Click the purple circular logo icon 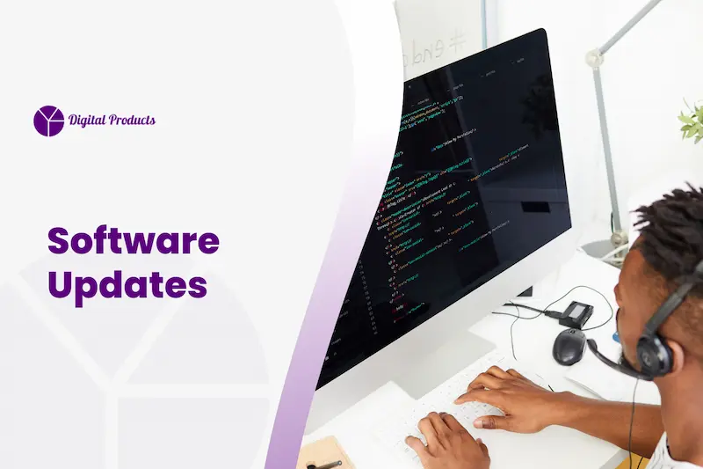point(48,121)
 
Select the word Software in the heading point(133,241)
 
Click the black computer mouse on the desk point(569,346)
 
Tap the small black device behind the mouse point(576,312)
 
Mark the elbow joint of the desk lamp point(596,61)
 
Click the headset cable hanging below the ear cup point(631,422)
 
